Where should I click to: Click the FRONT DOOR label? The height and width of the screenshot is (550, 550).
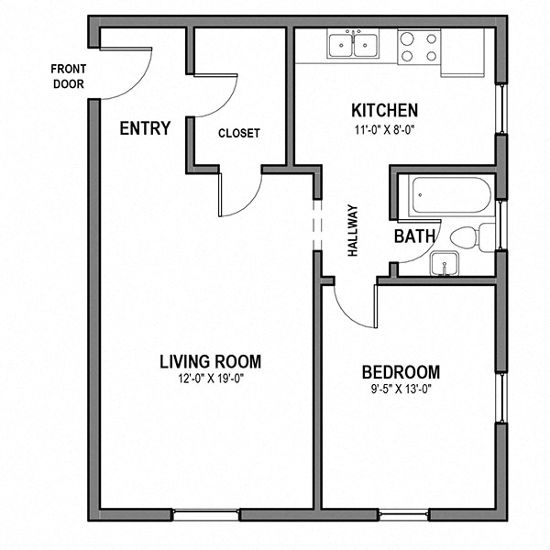pos(68,76)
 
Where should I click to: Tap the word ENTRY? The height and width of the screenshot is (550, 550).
pos(145,128)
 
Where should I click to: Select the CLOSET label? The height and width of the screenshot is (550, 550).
pos(238,133)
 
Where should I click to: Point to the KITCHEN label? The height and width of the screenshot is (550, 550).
pos(385,110)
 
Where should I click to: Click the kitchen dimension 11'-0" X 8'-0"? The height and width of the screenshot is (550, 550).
pos(385,129)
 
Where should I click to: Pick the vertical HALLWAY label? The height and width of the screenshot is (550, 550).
pos(352,230)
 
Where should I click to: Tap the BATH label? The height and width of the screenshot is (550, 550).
pos(414,236)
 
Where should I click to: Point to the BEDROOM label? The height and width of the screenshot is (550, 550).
pos(401,372)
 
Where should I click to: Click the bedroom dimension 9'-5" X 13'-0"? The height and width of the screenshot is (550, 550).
pos(401,389)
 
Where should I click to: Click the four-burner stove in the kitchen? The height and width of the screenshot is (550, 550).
pos(419,46)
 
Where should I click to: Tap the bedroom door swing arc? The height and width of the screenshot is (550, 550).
pos(348,312)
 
